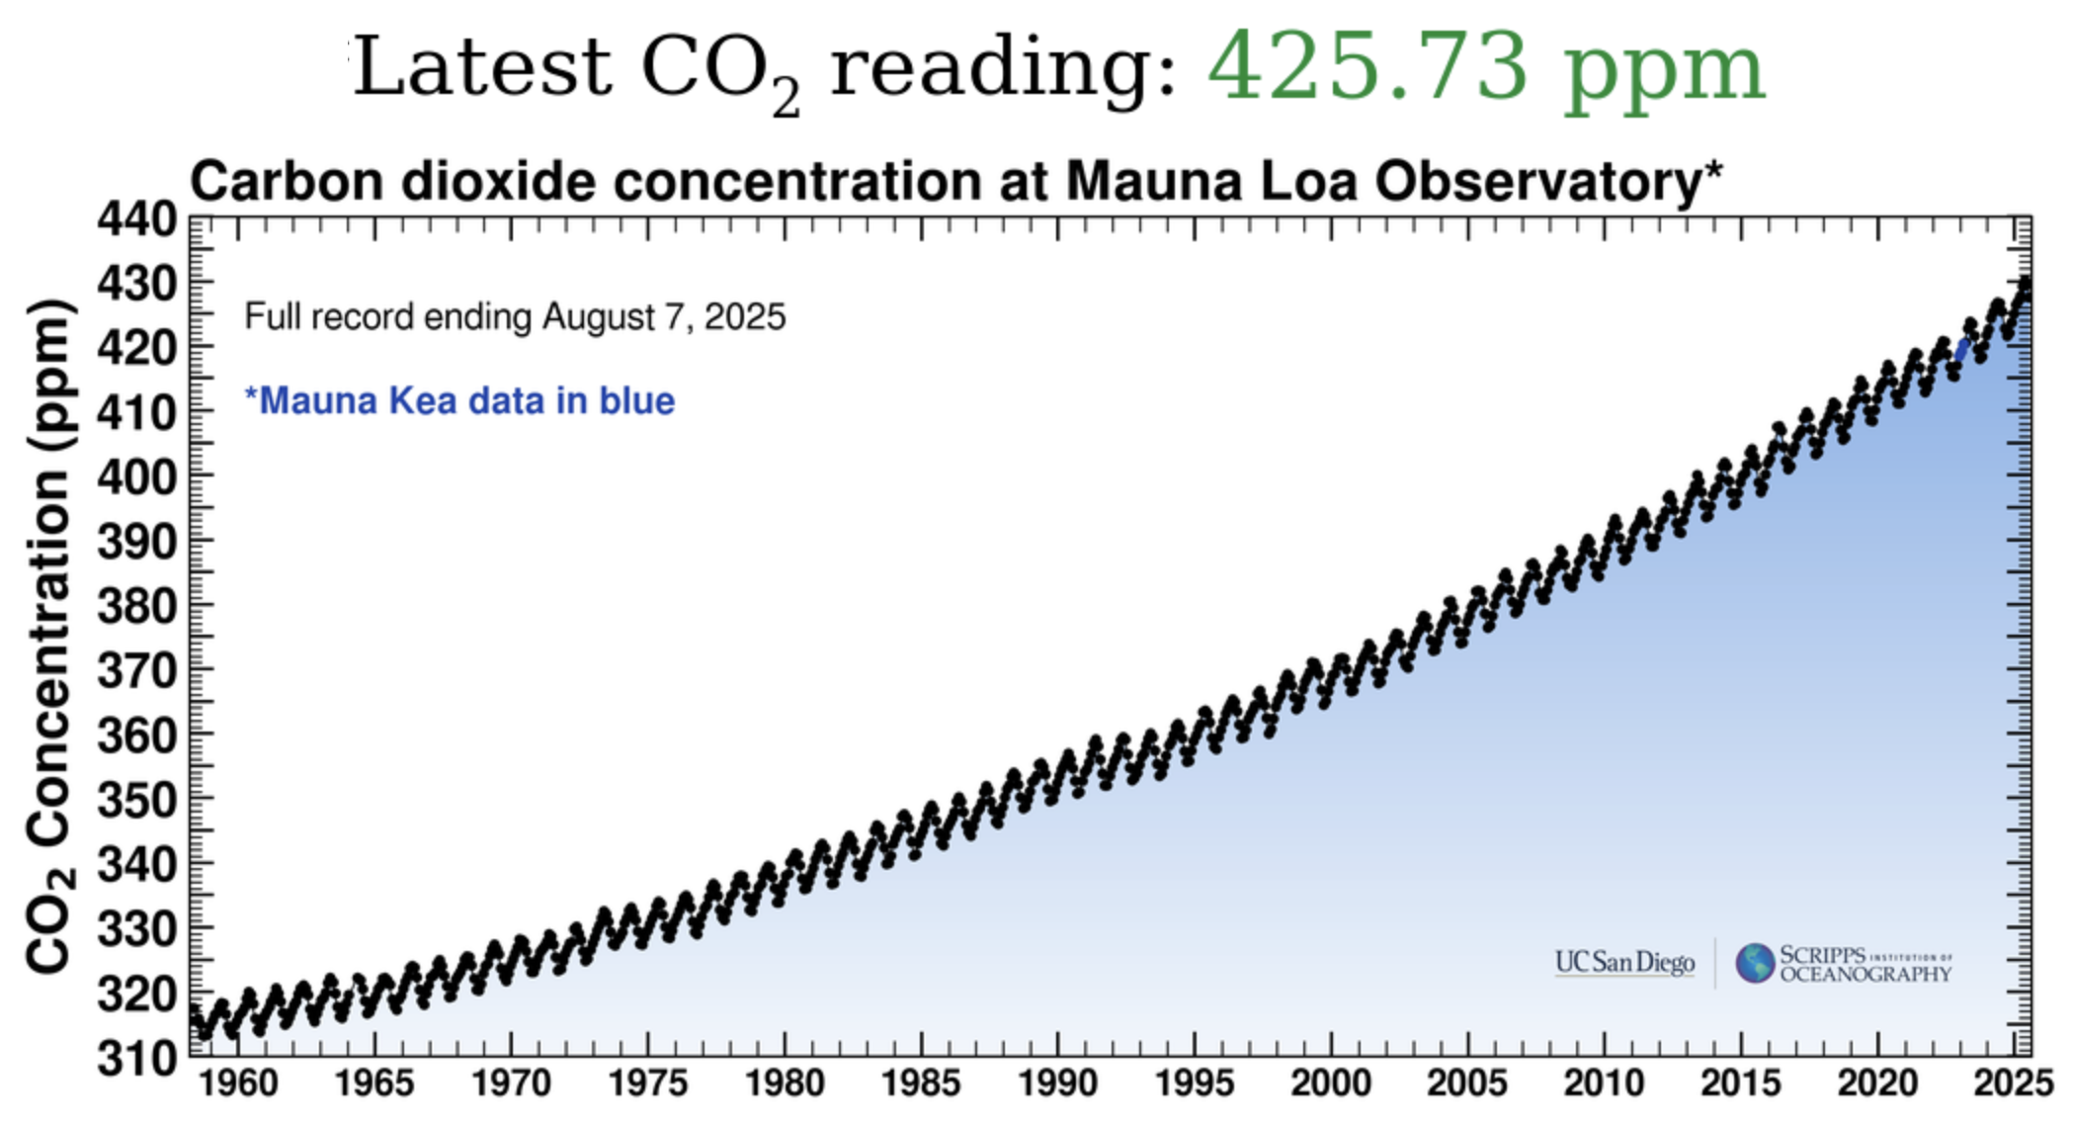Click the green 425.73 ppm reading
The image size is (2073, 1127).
click(x=1486, y=67)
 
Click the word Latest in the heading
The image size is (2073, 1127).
click(x=483, y=66)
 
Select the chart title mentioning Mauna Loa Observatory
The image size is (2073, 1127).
click(x=956, y=182)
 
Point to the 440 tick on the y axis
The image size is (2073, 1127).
click(x=137, y=219)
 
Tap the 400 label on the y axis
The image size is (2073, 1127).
click(x=137, y=477)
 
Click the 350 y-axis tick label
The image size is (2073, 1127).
click(x=137, y=801)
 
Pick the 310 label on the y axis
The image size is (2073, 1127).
click(x=137, y=1059)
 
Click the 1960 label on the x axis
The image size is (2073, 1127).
click(x=238, y=1084)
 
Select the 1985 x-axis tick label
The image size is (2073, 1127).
click(x=921, y=1084)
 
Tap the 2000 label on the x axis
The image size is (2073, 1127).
click(x=1331, y=1084)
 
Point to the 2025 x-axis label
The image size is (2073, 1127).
click(x=2014, y=1084)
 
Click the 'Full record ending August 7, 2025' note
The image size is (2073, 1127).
click(x=515, y=317)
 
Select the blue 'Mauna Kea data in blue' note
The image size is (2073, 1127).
click(x=459, y=400)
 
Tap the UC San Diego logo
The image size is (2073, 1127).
click(x=1624, y=962)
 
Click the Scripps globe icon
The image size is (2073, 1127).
click(x=1755, y=963)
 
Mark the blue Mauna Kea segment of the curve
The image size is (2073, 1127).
click(x=1962, y=350)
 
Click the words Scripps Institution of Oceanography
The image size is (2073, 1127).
click(x=1866, y=964)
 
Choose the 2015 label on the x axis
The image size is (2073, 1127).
click(x=1741, y=1084)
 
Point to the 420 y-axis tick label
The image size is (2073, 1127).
click(x=137, y=349)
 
